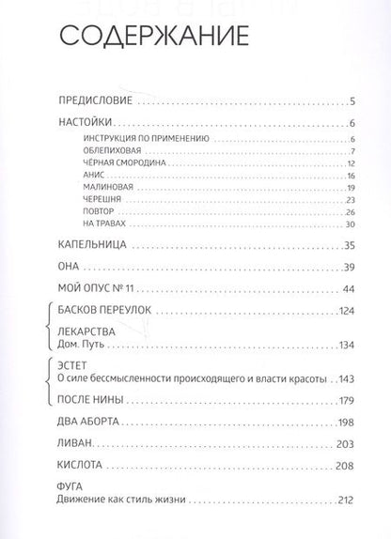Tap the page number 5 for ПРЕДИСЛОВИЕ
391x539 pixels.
click(x=349, y=102)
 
